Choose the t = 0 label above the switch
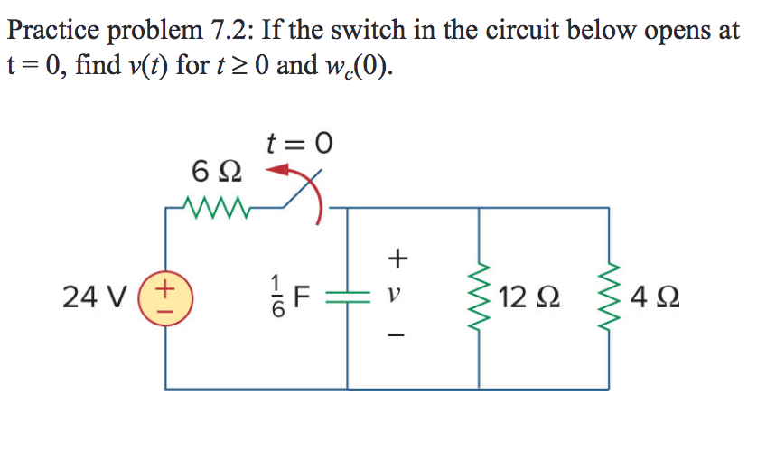300,142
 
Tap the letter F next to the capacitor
301,297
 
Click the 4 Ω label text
653,297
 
